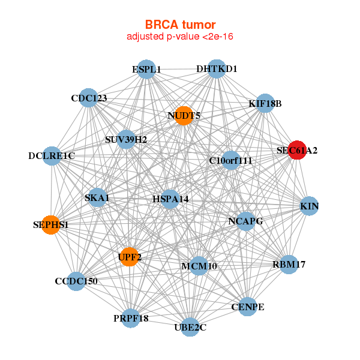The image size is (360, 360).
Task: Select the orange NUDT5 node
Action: coord(184,115)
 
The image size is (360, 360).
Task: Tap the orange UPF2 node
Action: coord(129,257)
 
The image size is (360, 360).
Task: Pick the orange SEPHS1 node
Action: coord(51,225)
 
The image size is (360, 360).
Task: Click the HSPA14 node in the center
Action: coord(170,199)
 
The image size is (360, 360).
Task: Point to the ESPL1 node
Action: coord(146,70)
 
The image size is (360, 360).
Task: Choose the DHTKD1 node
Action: coord(217,69)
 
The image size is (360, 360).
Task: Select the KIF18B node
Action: coord(265,104)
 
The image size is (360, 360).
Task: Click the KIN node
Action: coord(309,207)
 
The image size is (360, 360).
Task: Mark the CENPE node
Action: coord(248,307)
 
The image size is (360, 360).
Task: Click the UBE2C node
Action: coord(190,327)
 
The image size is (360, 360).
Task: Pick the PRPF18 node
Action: coord(131,318)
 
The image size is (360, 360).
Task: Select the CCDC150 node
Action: coord(76,281)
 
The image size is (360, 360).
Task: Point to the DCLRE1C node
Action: coord(52,156)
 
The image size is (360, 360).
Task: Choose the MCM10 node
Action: coord(199,266)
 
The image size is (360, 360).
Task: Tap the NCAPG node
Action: coord(246,221)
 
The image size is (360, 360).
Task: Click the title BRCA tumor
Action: coord(180,25)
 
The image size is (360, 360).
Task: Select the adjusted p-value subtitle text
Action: coord(180,37)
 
